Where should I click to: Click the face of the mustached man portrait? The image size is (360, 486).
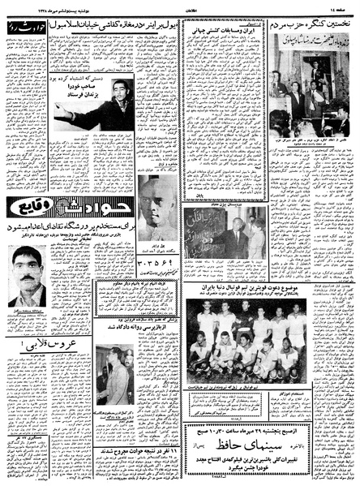pos(31,271)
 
